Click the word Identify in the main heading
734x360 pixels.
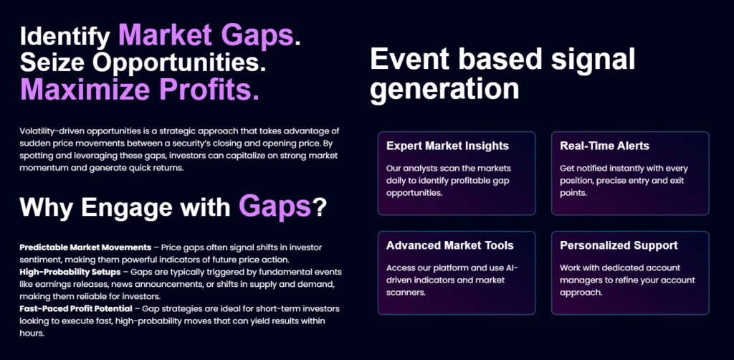click(65, 37)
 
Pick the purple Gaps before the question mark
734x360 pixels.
click(275, 206)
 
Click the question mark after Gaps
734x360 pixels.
click(319, 208)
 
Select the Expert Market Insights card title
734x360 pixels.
click(447, 146)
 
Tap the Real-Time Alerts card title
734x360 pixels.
click(604, 146)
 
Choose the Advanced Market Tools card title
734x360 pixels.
click(450, 245)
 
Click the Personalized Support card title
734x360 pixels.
click(619, 245)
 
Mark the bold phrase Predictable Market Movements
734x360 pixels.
click(85, 247)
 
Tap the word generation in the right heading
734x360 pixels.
click(444, 89)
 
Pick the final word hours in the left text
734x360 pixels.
click(32, 333)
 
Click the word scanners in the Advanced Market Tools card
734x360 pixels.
click(405, 293)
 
